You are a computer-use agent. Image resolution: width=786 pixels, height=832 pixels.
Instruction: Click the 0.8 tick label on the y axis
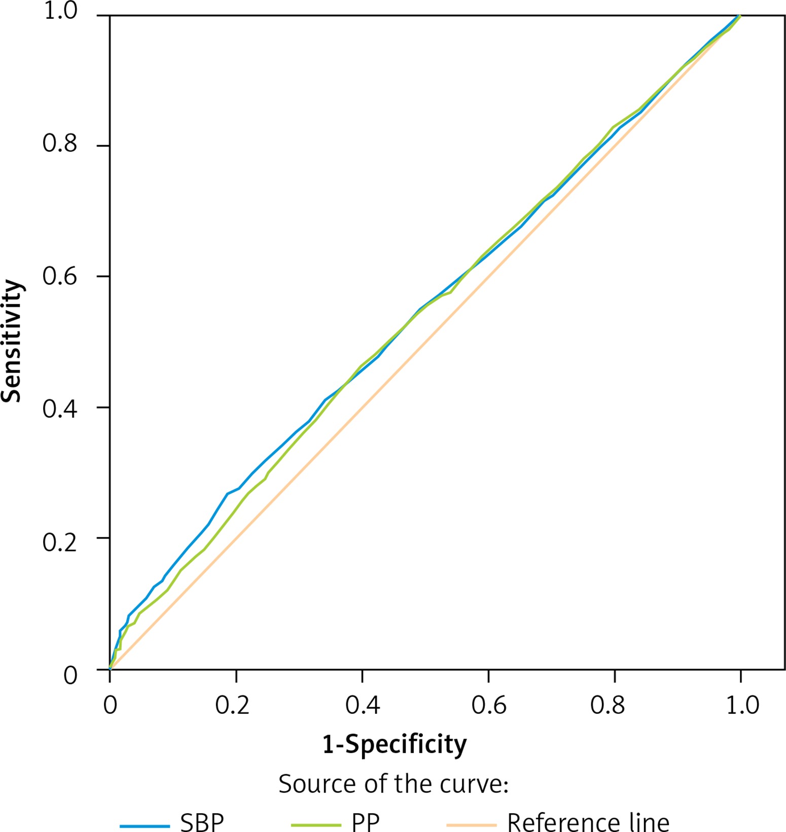(60, 144)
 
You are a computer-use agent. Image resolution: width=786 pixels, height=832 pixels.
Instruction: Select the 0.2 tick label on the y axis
(60, 542)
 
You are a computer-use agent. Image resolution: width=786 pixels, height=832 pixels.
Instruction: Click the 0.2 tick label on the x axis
(232, 705)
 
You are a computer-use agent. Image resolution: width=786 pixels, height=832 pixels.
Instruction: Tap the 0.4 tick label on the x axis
(363, 705)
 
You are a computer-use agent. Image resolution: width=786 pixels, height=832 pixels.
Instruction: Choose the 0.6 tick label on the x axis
(489, 705)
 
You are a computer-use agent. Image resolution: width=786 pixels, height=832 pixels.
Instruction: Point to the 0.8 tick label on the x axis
(608, 705)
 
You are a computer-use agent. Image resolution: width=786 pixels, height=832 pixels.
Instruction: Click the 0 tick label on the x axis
(110, 705)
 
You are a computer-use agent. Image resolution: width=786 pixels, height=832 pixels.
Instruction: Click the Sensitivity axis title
(12, 341)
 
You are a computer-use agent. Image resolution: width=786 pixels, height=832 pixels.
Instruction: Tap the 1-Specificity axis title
(395, 744)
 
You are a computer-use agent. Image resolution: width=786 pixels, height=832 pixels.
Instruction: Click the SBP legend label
(202, 821)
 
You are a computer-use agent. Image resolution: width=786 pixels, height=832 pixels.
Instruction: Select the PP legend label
(365, 821)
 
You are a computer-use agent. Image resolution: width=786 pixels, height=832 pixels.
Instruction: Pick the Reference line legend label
(588, 821)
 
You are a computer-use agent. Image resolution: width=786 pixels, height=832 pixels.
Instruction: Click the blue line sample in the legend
(145, 826)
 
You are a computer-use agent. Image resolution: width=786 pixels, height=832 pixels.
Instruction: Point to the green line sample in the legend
(316, 826)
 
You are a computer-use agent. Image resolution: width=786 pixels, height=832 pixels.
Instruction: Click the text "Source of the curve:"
(394, 784)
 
